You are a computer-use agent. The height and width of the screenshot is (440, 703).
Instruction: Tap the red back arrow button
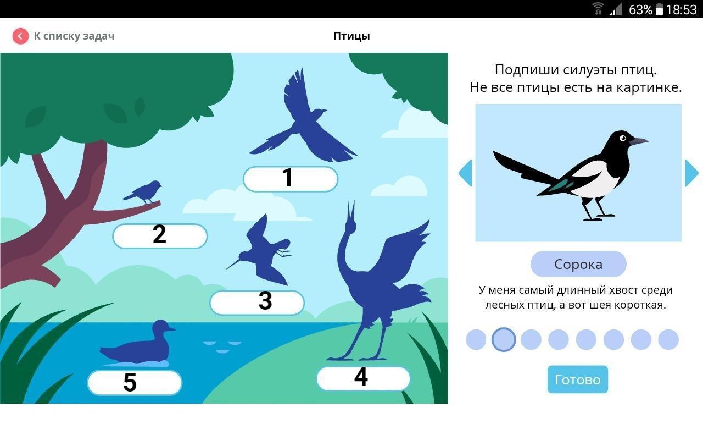[x=20, y=36]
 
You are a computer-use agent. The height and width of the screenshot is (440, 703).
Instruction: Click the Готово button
[x=577, y=380]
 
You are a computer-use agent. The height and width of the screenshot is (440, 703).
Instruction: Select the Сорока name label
[x=578, y=264]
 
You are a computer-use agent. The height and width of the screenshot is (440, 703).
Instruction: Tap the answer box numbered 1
[x=291, y=179]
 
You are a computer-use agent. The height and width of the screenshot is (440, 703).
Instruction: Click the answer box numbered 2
[x=160, y=236]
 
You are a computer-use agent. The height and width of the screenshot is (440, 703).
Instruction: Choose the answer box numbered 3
[x=257, y=302]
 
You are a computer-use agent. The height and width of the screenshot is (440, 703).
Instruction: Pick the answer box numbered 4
[x=363, y=378]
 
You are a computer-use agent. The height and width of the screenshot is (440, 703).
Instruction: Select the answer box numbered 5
[x=135, y=382]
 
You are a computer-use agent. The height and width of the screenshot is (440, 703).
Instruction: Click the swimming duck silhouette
[x=137, y=344]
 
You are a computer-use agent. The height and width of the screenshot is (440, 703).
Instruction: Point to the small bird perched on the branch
[x=143, y=192]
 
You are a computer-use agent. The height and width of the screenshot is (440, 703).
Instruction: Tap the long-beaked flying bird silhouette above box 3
[x=260, y=250]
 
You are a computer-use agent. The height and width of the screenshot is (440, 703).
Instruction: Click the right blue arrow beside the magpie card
[x=691, y=173]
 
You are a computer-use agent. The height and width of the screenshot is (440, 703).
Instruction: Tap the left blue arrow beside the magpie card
[x=465, y=173]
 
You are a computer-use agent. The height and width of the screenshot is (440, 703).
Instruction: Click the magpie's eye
[x=623, y=138]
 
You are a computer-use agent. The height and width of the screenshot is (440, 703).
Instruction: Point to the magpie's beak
[x=638, y=141]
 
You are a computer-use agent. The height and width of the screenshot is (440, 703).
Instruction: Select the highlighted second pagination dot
[x=504, y=339]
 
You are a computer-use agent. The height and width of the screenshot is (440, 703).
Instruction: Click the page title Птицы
[x=351, y=36]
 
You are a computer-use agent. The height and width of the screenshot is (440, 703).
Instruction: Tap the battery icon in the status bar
[x=659, y=9]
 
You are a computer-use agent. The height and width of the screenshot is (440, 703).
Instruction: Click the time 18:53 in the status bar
[x=681, y=10]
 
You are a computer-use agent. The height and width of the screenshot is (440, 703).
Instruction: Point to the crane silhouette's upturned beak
[x=351, y=211]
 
